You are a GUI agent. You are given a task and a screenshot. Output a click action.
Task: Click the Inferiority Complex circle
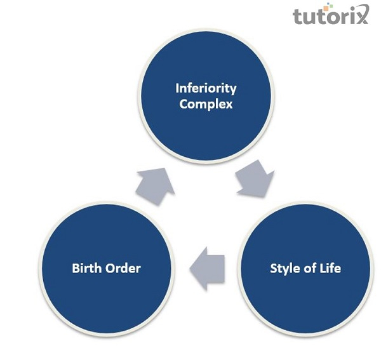point(206,96)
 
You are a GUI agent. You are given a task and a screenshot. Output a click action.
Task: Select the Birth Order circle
point(107,269)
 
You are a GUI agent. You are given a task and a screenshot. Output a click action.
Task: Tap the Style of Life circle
point(305,269)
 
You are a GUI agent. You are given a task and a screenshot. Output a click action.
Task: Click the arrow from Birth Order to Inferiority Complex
point(156,186)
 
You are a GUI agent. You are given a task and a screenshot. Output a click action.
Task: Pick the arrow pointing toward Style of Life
point(255,178)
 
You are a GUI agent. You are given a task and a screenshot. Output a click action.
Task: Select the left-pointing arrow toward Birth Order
point(207,269)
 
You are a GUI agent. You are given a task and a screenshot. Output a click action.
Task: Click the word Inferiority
point(206,88)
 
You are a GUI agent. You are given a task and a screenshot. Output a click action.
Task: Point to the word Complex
point(206,105)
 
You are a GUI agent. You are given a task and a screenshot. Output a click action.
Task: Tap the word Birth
point(87,268)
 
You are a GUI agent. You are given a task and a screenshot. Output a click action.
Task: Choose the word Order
point(123,268)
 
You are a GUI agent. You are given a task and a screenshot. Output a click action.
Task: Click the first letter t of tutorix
point(297,17)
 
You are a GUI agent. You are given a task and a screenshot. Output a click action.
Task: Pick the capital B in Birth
point(76,268)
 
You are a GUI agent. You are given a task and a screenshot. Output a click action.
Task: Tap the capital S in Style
point(274,268)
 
